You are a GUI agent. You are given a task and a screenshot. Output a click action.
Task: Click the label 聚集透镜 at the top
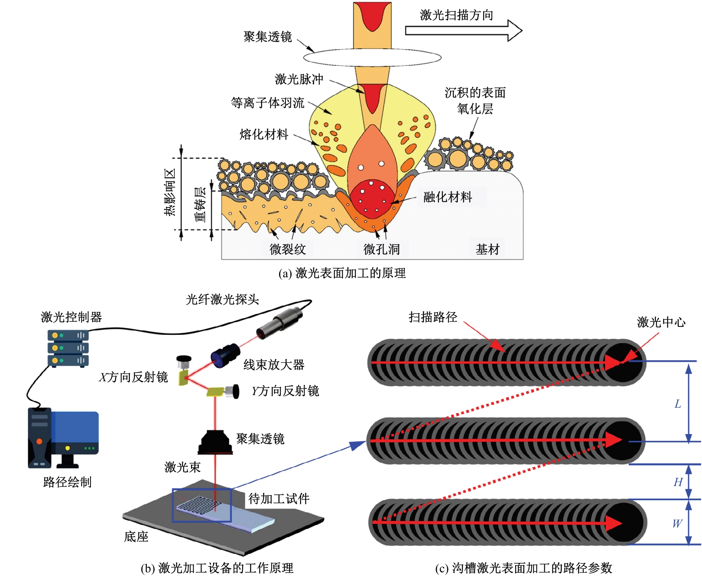point(268,37)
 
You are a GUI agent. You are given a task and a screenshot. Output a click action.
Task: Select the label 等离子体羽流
point(268,103)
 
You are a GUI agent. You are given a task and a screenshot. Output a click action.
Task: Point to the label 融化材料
point(448,197)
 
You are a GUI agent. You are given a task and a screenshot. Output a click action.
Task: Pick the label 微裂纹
point(287,249)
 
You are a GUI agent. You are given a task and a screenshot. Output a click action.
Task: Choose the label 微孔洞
point(382,249)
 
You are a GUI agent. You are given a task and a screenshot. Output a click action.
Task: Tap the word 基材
point(487,249)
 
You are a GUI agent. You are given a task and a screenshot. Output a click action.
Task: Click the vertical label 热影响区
point(170,192)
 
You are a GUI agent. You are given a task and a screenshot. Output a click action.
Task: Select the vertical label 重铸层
point(200,204)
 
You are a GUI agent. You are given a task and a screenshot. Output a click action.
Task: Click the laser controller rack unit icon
point(68,348)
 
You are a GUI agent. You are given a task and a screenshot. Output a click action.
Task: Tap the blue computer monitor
point(74,432)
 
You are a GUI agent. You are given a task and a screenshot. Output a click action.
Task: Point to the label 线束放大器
point(274,365)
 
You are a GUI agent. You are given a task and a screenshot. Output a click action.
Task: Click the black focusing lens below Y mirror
point(215,442)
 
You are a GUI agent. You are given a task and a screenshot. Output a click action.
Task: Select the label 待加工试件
point(279,499)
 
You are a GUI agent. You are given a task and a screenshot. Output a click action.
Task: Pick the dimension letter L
point(678,404)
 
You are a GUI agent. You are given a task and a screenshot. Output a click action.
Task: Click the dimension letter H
point(678,482)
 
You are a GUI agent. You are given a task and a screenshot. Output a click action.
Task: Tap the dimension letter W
point(677,523)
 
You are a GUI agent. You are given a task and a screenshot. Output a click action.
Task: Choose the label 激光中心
point(661,322)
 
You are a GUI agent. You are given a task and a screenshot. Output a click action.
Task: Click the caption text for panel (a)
point(342,273)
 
